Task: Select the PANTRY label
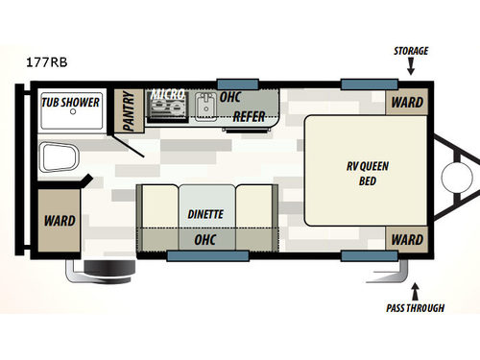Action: (127, 110)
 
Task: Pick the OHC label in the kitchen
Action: (229, 97)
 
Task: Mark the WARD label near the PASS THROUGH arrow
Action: (407, 239)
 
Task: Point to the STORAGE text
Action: (410, 51)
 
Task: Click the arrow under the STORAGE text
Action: (411, 67)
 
